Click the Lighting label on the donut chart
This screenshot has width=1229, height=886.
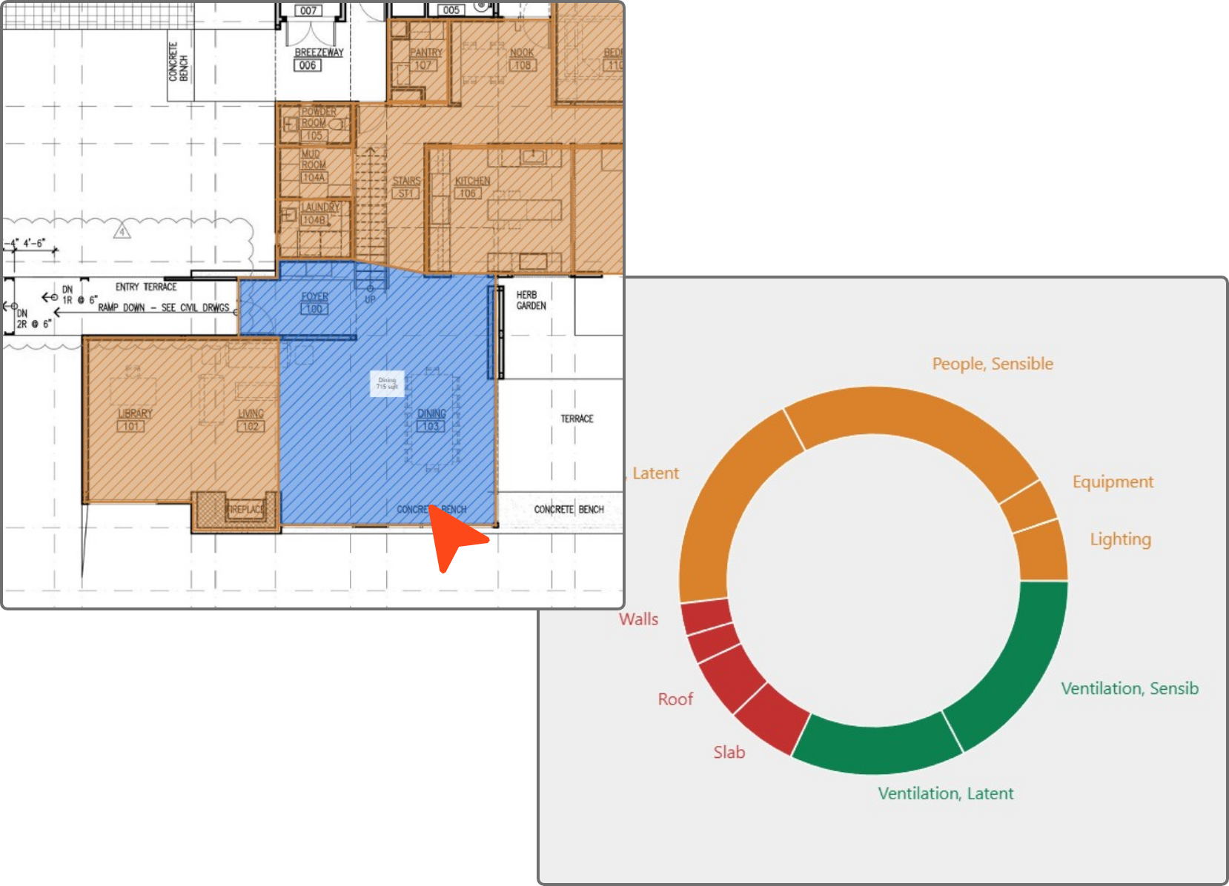click(1120, 539)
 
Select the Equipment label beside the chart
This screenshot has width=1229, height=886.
click(1113, 482)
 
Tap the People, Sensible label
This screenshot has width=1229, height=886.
click(992, 364)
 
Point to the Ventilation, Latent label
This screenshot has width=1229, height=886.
click(945, 793)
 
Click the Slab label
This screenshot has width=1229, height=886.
click(729, 753)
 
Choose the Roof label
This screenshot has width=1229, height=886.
click(675, 699)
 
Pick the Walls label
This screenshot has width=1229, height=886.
click(638, 619)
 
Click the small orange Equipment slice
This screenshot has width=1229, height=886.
click(1028, 507)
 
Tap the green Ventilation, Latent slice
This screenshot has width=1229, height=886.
click(875, 748)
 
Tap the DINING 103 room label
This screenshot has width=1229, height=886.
click(431, 420)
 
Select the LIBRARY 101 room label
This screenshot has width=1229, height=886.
click(134, 420)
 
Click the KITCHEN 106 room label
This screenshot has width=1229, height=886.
click(471, 187)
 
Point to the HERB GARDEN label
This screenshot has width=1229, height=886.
click(531, 300)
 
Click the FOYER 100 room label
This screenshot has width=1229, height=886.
click(314, 302)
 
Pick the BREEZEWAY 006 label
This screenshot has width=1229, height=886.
click(319, 59)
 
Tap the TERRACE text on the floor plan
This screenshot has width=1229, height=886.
click(577, 419)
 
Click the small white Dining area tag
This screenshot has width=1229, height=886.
click(387, 383)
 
